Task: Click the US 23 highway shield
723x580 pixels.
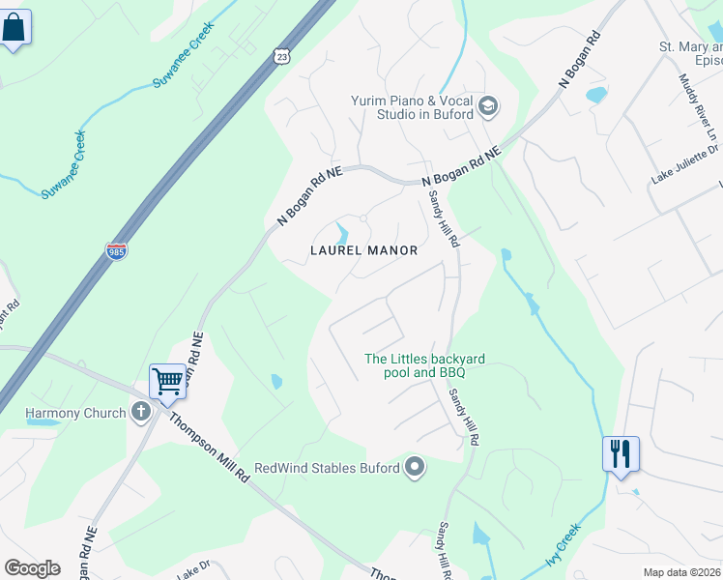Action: [x=281, y=57]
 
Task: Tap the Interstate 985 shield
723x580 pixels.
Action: [x=116, y=251]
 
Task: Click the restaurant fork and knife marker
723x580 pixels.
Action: [x=621, y=453]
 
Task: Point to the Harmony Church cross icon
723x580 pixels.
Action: [x=141, y=413]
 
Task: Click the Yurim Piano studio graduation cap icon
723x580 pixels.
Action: [x=487, y=106]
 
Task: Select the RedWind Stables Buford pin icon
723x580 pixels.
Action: [x=415, y=468]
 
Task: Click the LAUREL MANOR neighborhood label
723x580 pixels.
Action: [x=363, y=250]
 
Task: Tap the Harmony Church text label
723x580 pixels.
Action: [x=75, y=413]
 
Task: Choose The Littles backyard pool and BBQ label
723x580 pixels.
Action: [x=424, y=365]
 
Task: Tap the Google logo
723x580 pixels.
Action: [x=33, y=568]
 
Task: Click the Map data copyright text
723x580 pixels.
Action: [x=680, y=572]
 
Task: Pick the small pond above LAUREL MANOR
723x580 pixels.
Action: [x=342, y=233]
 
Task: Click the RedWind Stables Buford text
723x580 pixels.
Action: [x=327, y=469]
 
